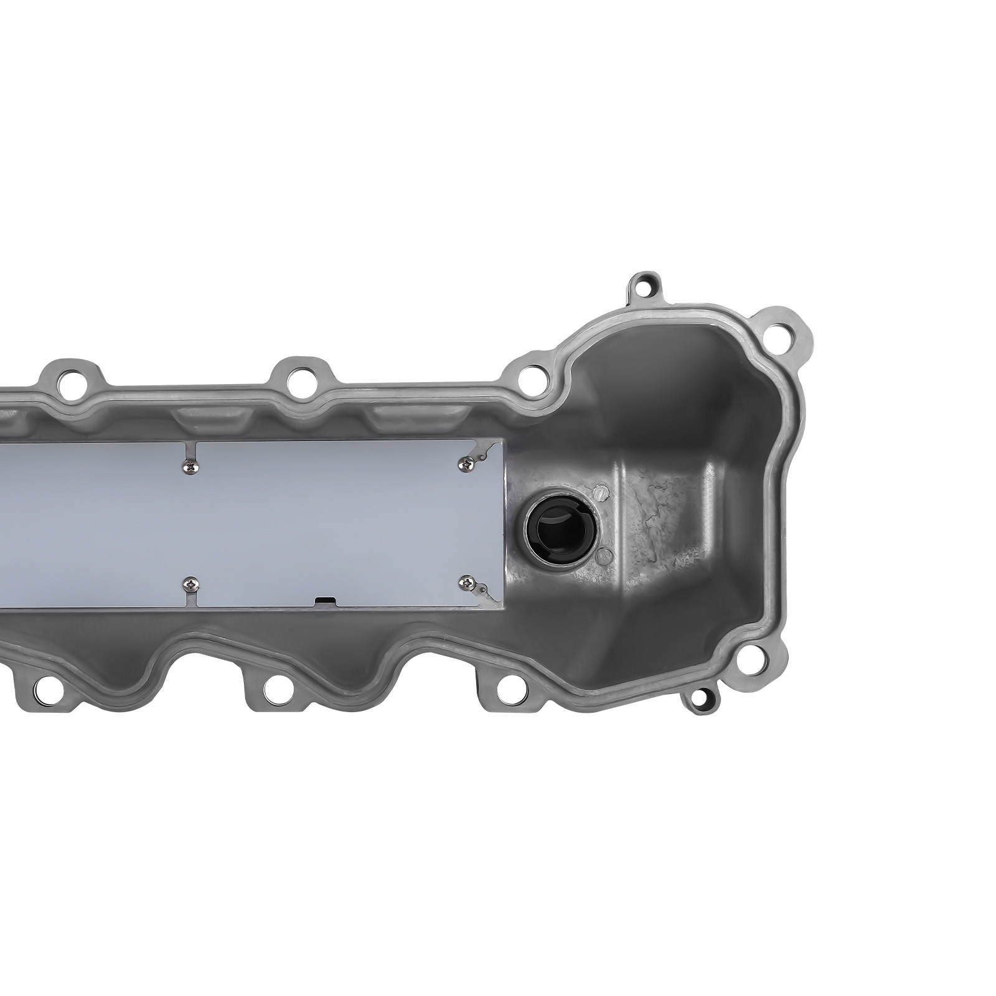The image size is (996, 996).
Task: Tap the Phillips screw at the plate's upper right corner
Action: (466, 461)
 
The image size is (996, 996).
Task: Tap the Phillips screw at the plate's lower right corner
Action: (466, 581)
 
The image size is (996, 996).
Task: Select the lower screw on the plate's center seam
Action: (189, 583)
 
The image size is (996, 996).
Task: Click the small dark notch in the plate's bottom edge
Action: (324, 601)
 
